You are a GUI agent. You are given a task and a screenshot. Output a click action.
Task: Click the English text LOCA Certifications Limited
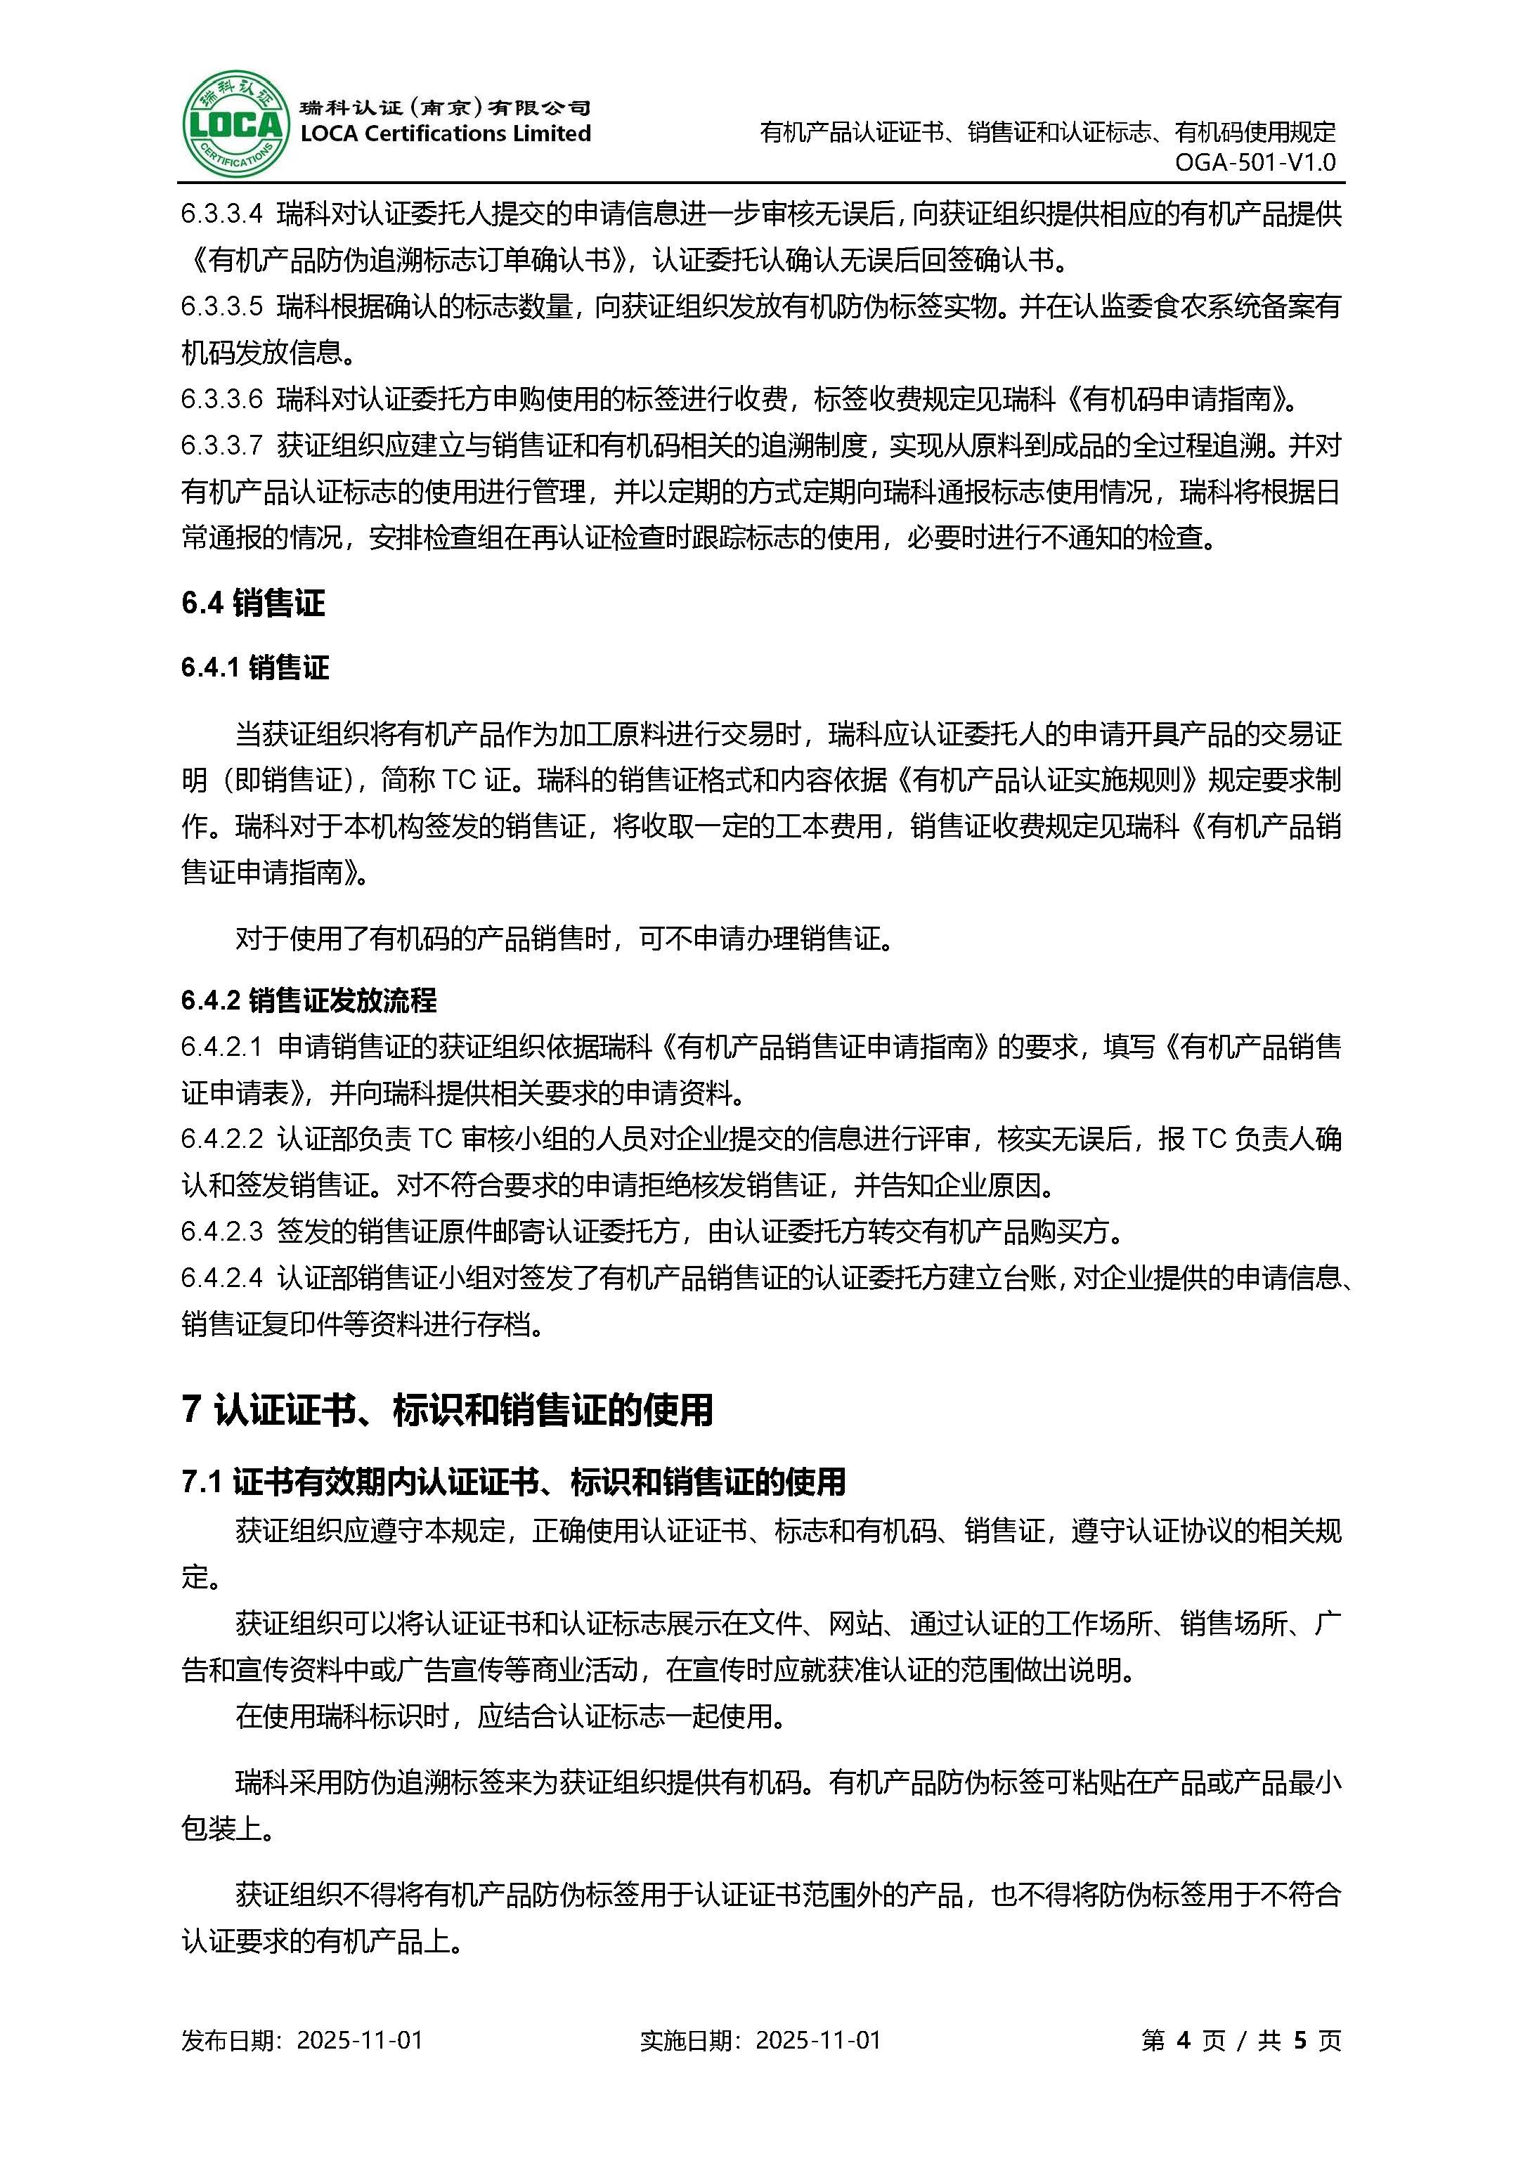445,133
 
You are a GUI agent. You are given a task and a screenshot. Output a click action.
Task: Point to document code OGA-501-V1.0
1255,162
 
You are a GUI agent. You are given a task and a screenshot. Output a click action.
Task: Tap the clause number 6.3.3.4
222,214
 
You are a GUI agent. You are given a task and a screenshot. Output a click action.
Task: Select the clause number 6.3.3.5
222,307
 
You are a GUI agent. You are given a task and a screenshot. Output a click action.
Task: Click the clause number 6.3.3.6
222,400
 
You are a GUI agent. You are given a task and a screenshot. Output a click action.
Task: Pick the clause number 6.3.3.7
222,446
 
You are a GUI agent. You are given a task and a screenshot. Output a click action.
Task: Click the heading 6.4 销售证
253,603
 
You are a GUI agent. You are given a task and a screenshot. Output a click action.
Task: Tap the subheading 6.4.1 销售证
255,668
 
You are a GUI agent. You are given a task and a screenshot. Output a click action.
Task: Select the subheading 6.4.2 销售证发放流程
309,1000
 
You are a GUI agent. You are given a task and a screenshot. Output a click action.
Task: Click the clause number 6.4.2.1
222,1047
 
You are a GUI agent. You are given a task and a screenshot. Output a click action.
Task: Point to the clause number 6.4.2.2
222,1139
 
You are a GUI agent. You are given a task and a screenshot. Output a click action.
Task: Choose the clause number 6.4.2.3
222,1231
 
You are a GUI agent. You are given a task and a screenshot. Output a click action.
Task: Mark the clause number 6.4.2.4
222,1278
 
